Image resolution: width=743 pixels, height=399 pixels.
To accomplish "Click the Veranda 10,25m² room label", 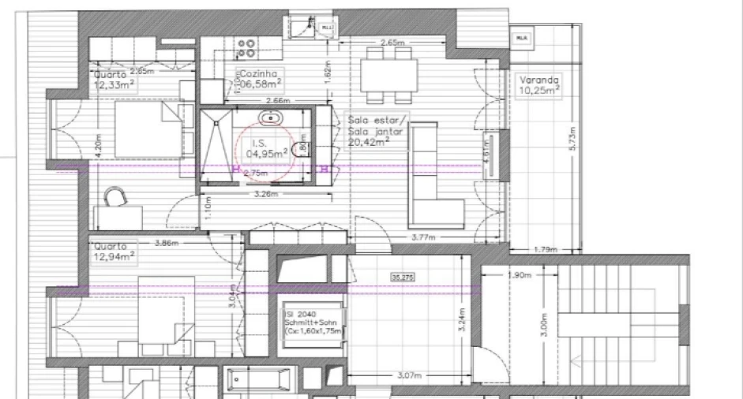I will [539, 85].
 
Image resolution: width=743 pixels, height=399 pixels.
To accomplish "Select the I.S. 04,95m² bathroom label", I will [265, 149].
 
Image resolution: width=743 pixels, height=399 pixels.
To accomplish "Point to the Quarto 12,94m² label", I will [114, 250].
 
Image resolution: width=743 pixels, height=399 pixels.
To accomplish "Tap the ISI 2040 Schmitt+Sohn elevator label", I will [313, 324].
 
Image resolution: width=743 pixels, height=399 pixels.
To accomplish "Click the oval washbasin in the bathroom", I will [272, 117].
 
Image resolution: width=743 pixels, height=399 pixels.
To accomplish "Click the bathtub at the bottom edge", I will [261, 381].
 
